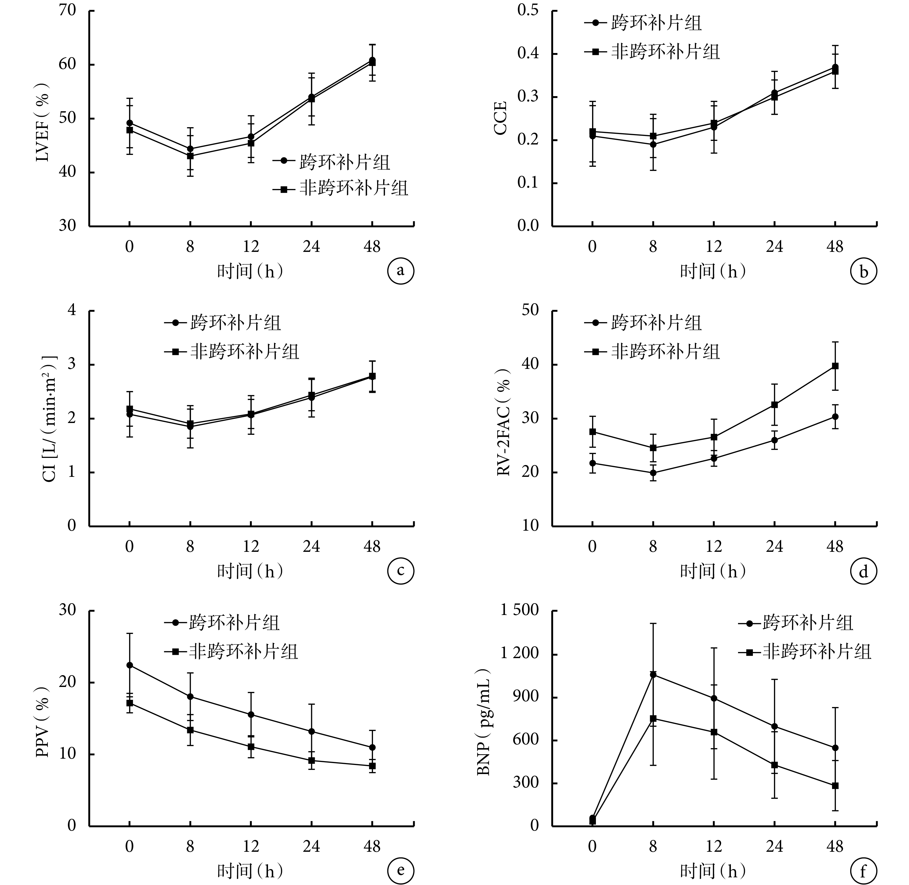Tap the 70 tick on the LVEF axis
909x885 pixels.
(67, 10)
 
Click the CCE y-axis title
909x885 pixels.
(501, 119)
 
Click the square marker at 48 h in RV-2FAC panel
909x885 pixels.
(835, 366)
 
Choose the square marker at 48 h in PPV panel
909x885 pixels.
(372, 766)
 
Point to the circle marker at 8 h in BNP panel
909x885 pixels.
(653, 674)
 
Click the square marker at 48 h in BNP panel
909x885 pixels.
(835, 786)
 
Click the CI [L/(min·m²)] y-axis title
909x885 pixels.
(49, 418)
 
